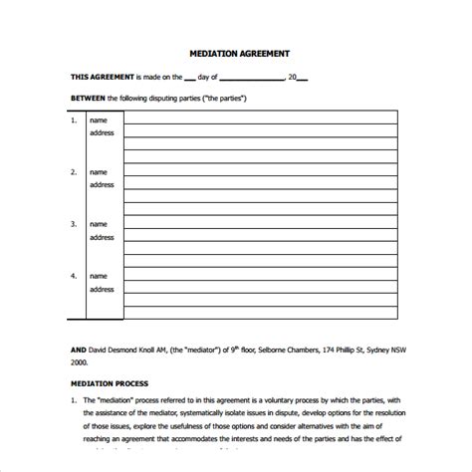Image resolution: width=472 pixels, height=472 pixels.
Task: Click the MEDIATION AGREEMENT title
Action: pyautogui.click(x=240, y=54)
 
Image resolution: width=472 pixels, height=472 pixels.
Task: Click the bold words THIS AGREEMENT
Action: pyautogui.click(x=102, y=77)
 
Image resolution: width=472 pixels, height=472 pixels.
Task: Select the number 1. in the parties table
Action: pyautogui.click(x=73, y=119)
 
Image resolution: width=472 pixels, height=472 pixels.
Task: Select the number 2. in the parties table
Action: pyautogui.click(x=73, y=171)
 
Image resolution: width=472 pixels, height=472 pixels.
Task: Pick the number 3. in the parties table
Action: pyautogui.click(x=73, y=224)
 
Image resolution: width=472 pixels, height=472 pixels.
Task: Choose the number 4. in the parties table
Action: pyautogui.click(x=73, y=276)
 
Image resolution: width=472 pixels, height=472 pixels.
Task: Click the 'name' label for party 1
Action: pyautogui.click(x=99, y=119)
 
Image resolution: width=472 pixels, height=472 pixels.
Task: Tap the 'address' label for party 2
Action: pyautogui.click(x=103, y=184)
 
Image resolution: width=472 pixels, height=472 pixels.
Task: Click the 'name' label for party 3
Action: pyautogui.click(x=99, y=224)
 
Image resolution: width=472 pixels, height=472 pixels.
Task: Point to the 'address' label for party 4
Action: pyautogui.click(x=103, y=289)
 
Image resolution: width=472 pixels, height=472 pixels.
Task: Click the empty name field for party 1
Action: pyautogui.click(x=259, y=118)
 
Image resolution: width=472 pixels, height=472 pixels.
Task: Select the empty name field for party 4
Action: pyautogui.click(x=259, y=276)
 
